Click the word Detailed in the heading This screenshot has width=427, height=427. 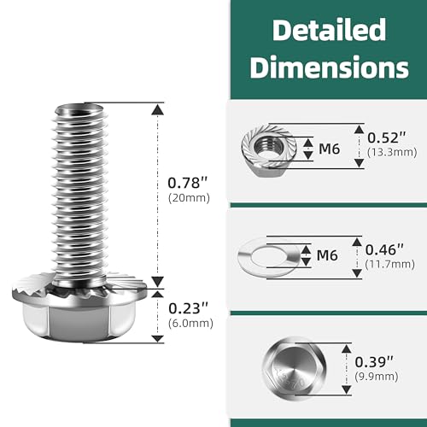tap(329, 30)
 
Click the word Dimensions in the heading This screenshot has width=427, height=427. tap(329, 67)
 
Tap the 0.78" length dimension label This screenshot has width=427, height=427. tap(188, 183)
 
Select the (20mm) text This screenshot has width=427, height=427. tap(189, 198)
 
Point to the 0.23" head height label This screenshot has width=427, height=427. tap(189, 308)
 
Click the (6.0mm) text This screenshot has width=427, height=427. tap(190, 324)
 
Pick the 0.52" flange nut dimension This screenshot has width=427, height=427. tap(387, 137)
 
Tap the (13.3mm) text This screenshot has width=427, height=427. tap(392, 152)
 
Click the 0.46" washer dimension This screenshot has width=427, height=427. tap(384, 250)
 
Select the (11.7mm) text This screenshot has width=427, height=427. tap(390, 265)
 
